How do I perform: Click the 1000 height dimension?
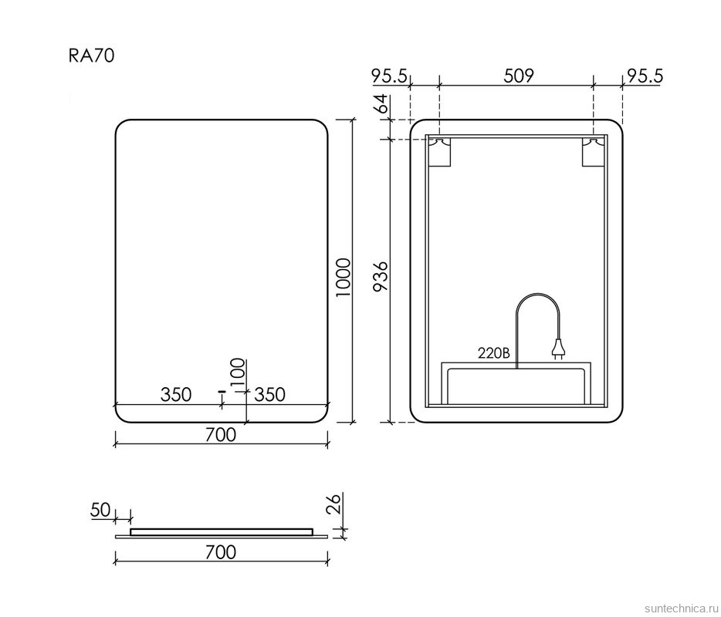344,278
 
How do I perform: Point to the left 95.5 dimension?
390,76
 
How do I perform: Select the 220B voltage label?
494,354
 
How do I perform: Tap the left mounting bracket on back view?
440,152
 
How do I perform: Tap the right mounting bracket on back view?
594,152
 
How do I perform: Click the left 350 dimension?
176,395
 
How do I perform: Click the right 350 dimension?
269,395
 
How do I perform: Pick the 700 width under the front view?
221,435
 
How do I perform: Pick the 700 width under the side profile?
221,551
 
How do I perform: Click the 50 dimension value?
101,510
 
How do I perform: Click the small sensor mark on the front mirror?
222,392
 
